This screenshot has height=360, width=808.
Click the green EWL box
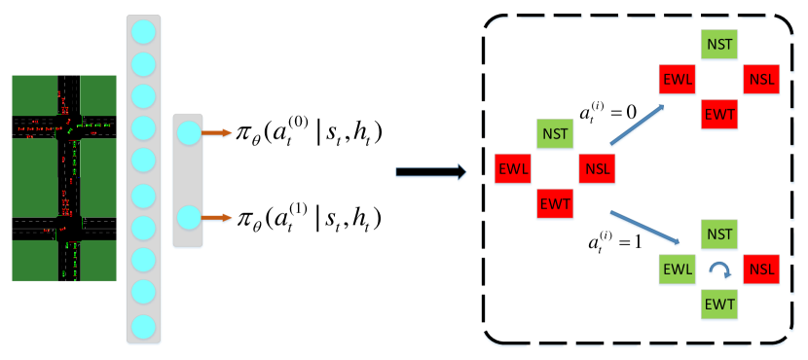pos(678,270)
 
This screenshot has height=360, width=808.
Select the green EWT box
pos(719,305)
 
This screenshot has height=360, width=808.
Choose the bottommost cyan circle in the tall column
pos(143,326)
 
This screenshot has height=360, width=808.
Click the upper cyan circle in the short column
pos(189,133)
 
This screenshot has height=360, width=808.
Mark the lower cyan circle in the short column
pos(189,218)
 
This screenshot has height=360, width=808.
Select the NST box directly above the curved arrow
pos(719,234)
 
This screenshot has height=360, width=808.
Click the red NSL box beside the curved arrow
pos(761,270)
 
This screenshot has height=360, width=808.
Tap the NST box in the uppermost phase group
pos(719,45)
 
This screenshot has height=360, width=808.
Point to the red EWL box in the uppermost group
pos(678,80)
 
